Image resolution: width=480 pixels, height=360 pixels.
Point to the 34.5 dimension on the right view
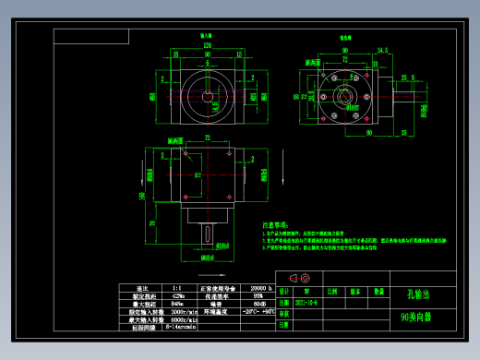point(381,52)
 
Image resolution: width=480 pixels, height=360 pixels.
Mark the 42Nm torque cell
point(176,295)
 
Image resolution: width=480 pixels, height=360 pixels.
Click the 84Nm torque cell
point(176,304)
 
